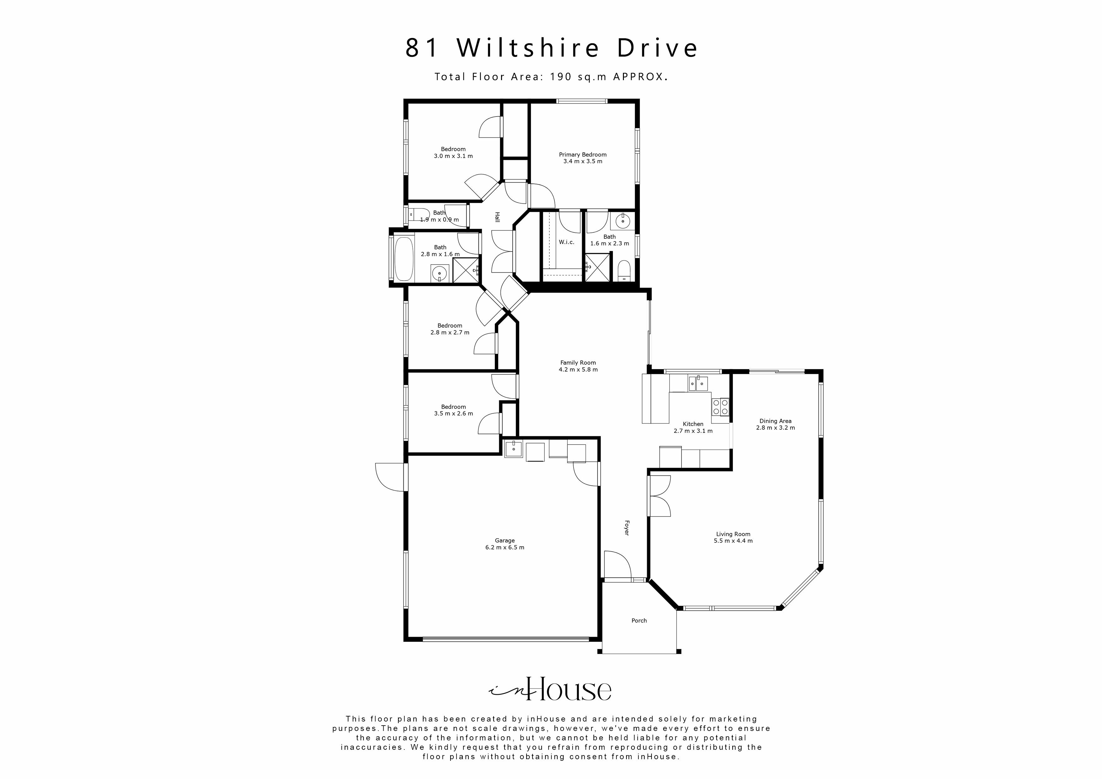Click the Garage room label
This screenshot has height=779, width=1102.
[x=505, y=544]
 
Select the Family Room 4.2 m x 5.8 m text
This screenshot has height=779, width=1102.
[x=578, y=366]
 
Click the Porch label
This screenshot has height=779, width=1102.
[x=639, y=621]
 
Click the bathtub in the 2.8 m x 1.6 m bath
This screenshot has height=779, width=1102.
[x=404, y=259]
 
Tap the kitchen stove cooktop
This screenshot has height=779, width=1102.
[x=720, y=407]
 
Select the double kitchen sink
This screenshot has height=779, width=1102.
[x=698, y=383]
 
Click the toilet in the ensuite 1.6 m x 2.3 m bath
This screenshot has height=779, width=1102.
[x=624, y=271]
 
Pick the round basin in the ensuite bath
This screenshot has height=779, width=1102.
[x=623, y=221]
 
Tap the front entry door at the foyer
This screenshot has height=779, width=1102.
[x=617, y=566]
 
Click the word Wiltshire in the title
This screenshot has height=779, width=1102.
[x=528, y=48]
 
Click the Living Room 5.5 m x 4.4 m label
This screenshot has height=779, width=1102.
[x=733, y=537]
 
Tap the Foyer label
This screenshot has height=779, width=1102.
[x=626, y=528]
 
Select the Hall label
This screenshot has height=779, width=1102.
[x=497, y=217]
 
